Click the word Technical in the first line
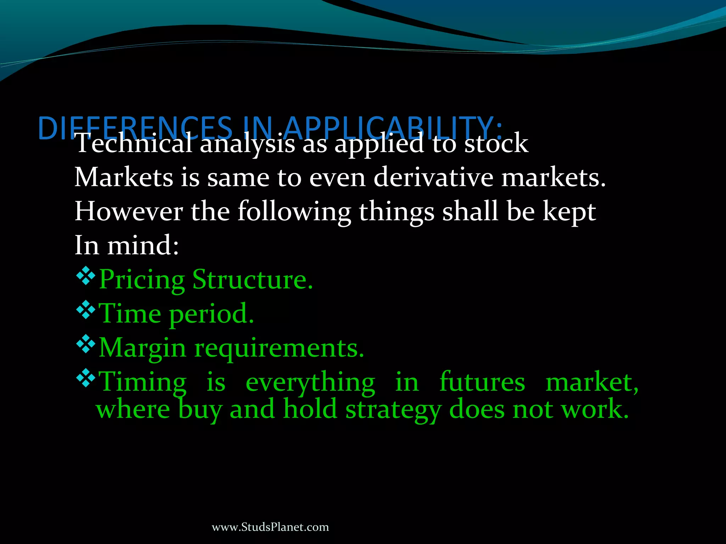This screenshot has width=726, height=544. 133,143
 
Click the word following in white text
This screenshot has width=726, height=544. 294,212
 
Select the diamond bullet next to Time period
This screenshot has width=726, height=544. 86,311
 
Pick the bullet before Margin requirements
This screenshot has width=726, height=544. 86,345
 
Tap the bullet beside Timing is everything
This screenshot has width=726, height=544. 86,379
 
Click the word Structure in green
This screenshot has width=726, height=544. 252,279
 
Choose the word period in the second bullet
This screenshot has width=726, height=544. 211,314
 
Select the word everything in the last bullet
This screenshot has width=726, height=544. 310,383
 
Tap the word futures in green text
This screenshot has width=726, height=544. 482,382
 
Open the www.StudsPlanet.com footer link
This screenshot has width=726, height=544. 270,527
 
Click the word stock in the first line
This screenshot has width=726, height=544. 496,143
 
